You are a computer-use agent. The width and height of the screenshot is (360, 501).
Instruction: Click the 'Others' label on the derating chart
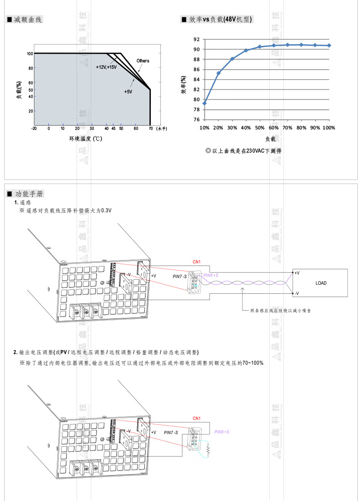[x=143, y=61]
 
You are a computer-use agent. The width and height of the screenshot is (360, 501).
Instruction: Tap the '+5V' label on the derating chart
[x=128, y=92]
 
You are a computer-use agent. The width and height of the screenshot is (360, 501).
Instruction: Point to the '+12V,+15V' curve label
[x=106, y=67]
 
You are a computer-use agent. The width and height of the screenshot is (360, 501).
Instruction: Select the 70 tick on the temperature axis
[x=150, y=129]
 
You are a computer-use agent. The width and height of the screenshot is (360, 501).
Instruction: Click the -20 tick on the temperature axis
[x=34, y=129]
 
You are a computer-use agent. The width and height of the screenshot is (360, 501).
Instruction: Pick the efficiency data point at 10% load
[x=205, y=103]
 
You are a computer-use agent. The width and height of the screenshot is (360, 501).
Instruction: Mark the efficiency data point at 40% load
[x=246, y=50]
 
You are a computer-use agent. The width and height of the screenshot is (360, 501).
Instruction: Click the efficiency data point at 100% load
[x=329, y=46]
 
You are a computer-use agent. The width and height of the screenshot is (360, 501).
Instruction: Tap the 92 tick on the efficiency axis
[x=196, y=39]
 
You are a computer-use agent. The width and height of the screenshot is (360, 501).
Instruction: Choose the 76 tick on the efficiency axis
[x=196, y=119]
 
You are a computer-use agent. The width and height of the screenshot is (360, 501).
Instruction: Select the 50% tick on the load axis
[x=260, y=128]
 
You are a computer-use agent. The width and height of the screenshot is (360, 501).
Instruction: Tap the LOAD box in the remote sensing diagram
[x=321, y=283]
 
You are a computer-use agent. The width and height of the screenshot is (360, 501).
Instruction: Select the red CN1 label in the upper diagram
[x=196, y=262]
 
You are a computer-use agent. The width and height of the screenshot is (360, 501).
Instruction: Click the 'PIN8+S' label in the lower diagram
[x=221, y=432]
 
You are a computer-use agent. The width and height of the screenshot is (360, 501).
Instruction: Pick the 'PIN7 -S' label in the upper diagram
[x=180, y=276]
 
